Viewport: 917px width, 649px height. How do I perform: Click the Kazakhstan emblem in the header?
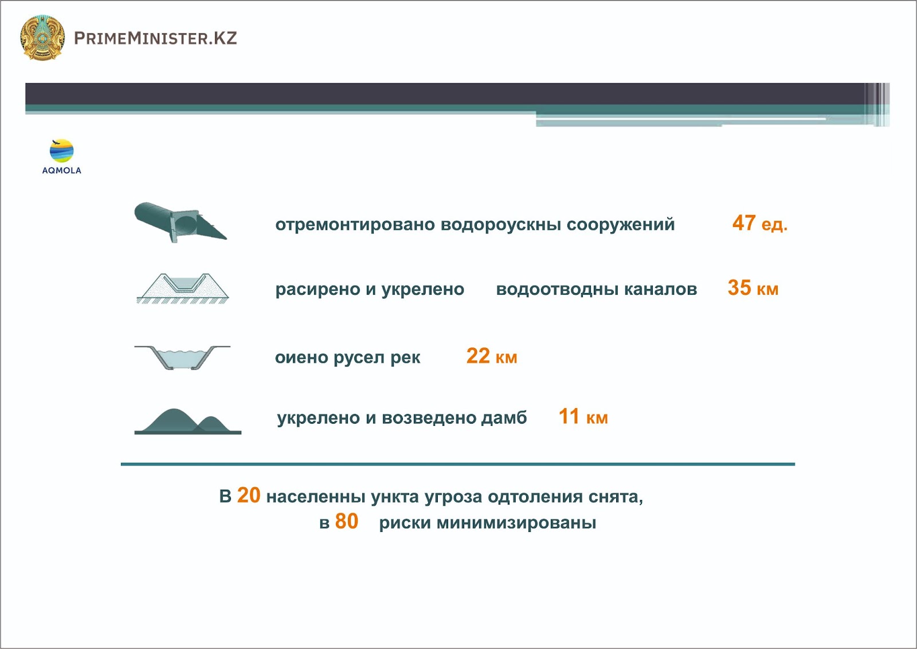pos(42,38)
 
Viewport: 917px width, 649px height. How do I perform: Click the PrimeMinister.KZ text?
pos(155,38)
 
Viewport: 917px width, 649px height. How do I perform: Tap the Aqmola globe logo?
pos(61,151)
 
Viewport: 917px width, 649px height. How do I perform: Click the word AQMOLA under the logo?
pos(61,170)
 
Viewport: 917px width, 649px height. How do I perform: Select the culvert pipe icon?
pos(180,222)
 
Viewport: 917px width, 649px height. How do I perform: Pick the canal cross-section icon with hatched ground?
pos(183,288)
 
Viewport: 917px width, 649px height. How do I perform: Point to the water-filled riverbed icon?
pos(182,357)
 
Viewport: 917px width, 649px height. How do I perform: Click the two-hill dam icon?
pos(188,421)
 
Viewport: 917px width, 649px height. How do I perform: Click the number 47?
pos(744,223)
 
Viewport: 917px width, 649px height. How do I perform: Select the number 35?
pos(739,287)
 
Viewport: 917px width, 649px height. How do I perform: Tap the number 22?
pos(478,356)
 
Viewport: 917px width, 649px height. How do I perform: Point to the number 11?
pos(569,416)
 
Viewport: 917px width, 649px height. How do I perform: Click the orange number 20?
pos(249,495)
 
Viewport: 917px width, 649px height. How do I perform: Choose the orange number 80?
pos(346,522)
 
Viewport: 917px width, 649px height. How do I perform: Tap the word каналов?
pos(660,290)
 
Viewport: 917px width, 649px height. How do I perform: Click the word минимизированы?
pos(516,523)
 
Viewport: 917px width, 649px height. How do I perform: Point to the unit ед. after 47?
pos(774,225)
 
